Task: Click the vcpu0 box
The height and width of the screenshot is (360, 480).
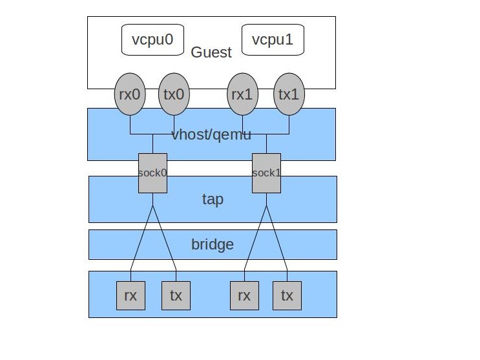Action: click(152, 39)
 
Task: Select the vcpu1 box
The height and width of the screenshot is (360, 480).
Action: click(273, 39)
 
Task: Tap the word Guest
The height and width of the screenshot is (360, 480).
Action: click(211, 52)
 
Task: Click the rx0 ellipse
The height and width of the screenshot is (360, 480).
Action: click(130, 94)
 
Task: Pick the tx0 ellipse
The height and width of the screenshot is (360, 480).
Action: click(174, 94)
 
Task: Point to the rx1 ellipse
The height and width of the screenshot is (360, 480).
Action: click(242, 94)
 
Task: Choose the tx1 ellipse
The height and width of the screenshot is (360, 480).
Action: click(289, 94)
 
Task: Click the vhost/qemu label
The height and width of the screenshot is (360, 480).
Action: click(211, 135)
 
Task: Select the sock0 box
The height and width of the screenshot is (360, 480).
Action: click(152, 173)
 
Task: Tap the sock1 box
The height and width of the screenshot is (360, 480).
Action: click(266, 173)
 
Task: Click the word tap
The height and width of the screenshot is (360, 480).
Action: click(213, 199)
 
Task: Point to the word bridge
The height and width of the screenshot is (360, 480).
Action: click(213, 244)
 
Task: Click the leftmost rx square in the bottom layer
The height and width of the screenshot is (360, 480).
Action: click(130, 296)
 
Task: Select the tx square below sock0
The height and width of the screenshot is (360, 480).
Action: click(176, 296)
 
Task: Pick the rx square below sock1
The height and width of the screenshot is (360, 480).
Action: click(244, 296)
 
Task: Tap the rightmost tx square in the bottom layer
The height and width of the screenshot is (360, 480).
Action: click(287, 296)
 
